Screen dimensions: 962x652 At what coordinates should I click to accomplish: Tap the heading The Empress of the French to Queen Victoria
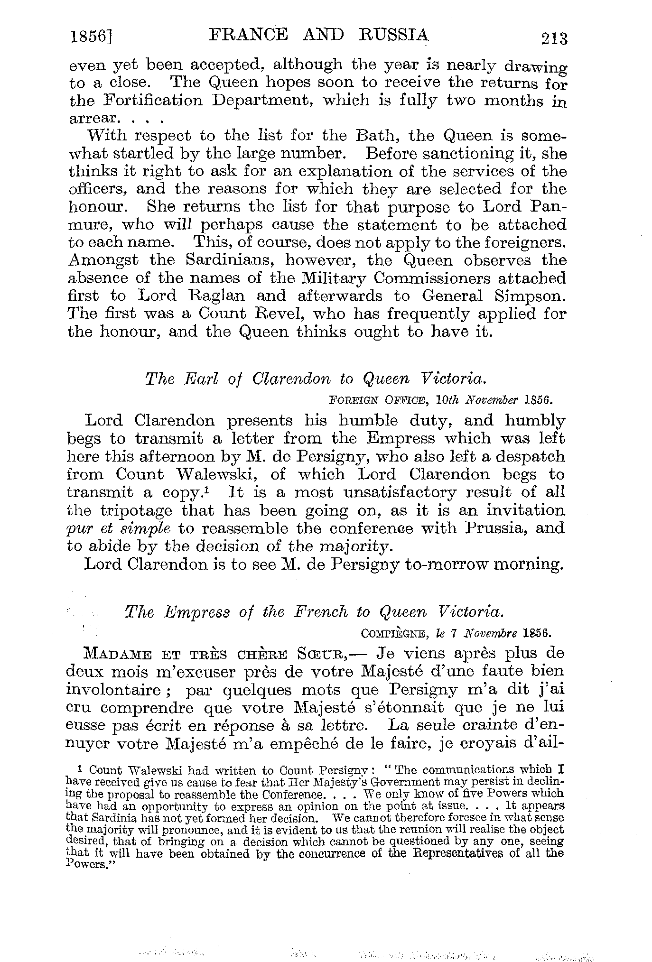pos(313,612)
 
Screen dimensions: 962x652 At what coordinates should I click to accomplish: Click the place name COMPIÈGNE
pos(391,633)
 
